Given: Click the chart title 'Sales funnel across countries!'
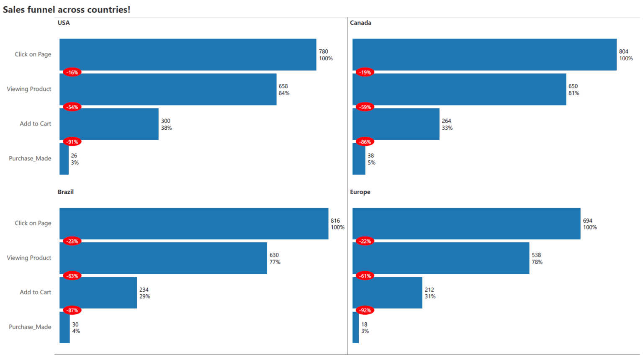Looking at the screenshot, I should (x=67, y=9).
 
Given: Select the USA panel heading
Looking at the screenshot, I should (x=64, y=23).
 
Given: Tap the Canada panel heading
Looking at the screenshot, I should (x=360, y=23).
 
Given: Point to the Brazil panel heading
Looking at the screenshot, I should (x=66, y=192).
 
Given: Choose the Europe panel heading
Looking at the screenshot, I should (x=360, y=192).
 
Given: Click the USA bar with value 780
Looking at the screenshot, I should (x=188, y=54).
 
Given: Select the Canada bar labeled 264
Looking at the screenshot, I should (x=396, y=124).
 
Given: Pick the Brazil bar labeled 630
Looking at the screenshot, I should (x=163, y=258).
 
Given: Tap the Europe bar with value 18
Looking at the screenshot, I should (x=355, y=327).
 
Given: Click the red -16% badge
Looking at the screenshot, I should (x=72, y=72).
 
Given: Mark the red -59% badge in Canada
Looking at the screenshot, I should (x=365, y=107).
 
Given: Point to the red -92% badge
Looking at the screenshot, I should (x=365, y=311).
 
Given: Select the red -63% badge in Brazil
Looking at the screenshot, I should (x=72, y=276).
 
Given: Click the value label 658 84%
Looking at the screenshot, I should (x=284, y=90).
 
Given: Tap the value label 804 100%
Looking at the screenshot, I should (x=626, y=55).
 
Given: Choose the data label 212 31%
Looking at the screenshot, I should (x=430, y=293).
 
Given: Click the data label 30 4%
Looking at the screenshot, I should (x=76, y=327).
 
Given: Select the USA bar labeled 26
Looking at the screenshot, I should (x=64, y=159).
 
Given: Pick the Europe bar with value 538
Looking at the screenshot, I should (x=441, y=258).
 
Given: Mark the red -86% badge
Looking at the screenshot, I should (x=365, y=142).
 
